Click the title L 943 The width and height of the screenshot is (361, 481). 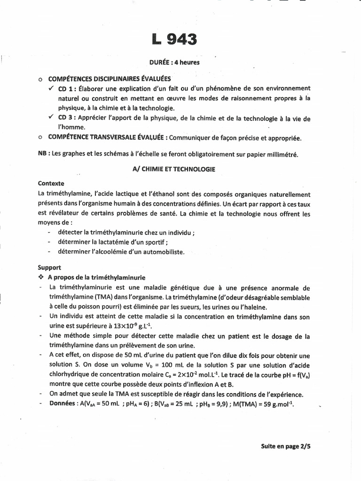(x=174, y=39)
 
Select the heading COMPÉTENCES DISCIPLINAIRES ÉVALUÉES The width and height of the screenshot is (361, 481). (x=110, y=78)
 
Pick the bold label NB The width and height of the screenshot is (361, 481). (x=43, y=154)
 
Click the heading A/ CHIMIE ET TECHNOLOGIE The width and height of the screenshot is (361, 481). (x=174, y=169)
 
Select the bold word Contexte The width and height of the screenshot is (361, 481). (x=51, y=184)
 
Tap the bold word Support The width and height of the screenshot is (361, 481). (x=49, y=267)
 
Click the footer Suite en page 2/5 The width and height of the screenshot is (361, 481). (x=285, y=447)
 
